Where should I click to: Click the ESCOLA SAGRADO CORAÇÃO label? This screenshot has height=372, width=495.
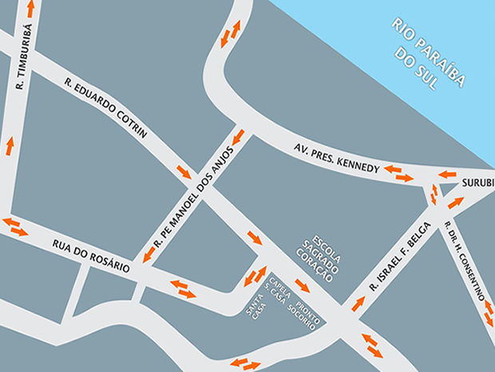point(317,255)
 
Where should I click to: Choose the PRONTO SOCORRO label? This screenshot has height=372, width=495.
point(307,314)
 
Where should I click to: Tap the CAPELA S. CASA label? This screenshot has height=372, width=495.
point(278,293)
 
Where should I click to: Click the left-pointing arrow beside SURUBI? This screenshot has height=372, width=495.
point(446,174)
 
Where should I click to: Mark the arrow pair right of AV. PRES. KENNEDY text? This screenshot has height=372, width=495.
point(398,172)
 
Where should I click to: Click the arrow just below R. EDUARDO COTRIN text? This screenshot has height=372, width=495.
point(184,171)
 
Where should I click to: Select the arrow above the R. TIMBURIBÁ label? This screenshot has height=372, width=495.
point(30,9)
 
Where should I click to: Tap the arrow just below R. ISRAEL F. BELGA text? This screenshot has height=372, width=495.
point(358,303)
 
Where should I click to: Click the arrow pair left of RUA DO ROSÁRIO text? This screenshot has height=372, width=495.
point(14,226)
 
